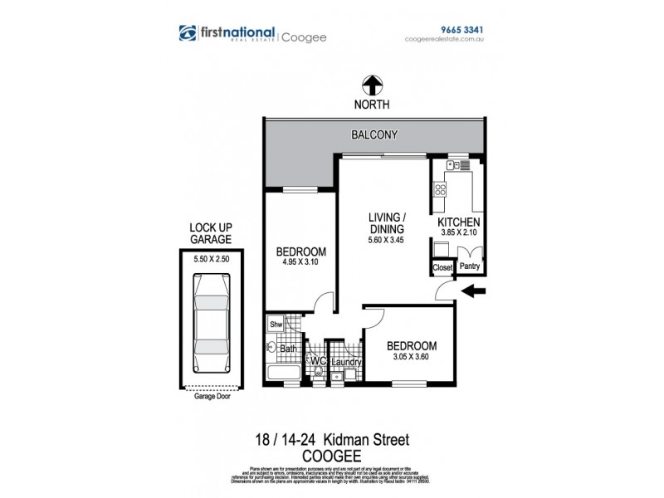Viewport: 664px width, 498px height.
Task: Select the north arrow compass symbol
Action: click(371, 85)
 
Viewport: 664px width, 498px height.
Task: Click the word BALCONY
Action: click(374, 134)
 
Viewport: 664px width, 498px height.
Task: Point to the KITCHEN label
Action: click(459, 222)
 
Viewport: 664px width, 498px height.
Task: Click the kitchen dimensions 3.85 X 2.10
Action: click(459, 234)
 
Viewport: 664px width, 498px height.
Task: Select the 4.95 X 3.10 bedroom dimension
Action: click(300, 266)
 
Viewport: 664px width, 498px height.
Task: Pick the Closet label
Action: click(442, 268)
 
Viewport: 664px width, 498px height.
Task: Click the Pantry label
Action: click(469, 267)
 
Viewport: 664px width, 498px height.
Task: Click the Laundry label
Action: click(344, 362)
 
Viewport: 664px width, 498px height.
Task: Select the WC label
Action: click(316, 361)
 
